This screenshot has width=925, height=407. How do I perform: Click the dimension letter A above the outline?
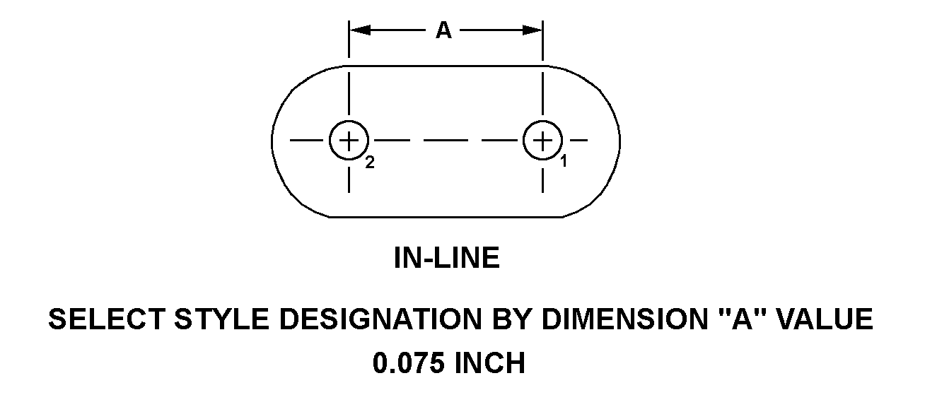[443, 30]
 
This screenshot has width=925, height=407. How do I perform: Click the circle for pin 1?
[542, 140]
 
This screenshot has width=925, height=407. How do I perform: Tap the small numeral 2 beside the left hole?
[369, 163]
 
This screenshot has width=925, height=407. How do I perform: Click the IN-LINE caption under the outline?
[446, 259]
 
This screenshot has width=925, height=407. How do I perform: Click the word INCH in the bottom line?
[489, 363]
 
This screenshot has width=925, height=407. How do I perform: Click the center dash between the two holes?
[446, 140]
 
